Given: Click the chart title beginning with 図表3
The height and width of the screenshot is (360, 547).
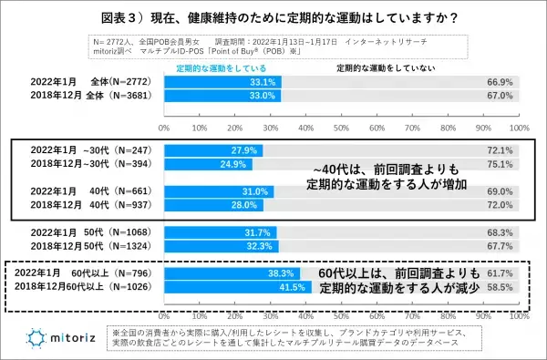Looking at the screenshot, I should click(x=273, y=17).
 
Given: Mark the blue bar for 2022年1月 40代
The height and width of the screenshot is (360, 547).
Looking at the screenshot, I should click(x=218, y=191).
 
